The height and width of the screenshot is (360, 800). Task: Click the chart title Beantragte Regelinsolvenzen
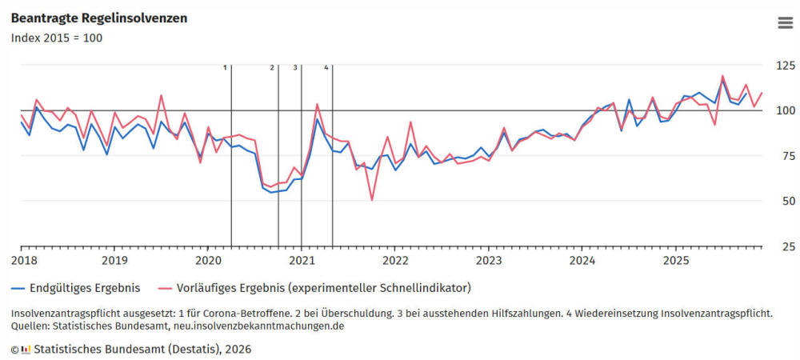point(99,18)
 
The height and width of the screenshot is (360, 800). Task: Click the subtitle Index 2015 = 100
point(56,38)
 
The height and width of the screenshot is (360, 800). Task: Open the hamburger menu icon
point(785,22)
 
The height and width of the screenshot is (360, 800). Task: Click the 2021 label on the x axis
point(302,260)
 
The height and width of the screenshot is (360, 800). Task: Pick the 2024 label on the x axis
point(582,260)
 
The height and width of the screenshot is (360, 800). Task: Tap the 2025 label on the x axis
point(676,260)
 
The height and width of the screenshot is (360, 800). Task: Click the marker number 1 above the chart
point(226,67)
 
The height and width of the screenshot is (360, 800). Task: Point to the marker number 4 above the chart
point(326,67)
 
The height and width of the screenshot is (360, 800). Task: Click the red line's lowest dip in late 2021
point(371,199)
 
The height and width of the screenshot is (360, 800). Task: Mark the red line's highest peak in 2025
point(722,76)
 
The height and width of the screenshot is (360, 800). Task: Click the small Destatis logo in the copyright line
point(26,349)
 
